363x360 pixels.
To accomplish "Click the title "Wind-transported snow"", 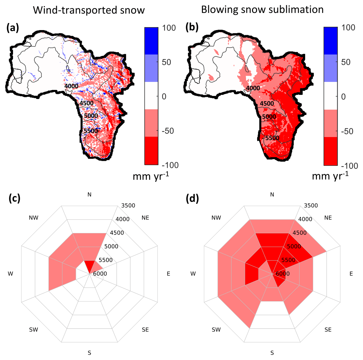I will pos(89,10).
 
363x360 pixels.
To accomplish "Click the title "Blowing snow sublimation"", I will pos(262,10).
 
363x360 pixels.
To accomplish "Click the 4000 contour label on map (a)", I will pos(72,86).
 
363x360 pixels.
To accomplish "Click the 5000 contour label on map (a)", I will pos(91,116).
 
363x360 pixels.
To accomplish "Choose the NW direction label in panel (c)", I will pos(34,218).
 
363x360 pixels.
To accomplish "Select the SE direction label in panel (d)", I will pos(328,330).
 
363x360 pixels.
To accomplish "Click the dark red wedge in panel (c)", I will pos(90,266).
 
